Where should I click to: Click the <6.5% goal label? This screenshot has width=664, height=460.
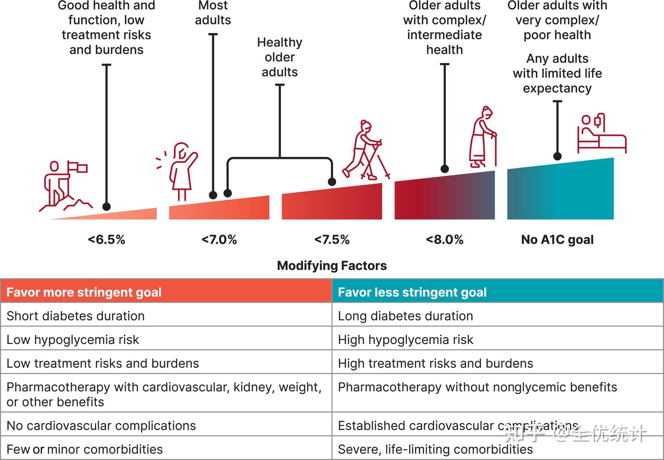coord(107,240)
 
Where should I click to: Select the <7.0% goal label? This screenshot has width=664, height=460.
coord(219,240)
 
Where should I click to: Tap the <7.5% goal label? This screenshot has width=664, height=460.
coord(332,240)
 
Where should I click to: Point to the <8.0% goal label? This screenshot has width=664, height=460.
coord(445,240)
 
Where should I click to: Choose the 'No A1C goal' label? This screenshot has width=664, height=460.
coord(557,240)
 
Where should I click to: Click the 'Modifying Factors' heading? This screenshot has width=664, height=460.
coord(332,266)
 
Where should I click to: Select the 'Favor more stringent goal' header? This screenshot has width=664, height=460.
coord(84,292)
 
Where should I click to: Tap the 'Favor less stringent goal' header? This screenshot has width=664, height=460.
coord(412,292)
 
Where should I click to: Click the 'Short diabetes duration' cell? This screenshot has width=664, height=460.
coord(76,316)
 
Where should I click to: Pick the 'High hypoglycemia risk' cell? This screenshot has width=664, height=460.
coord(405,340)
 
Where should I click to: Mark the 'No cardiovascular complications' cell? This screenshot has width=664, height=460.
coord(101,426)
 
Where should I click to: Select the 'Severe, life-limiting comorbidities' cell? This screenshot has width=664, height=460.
coord(435,449)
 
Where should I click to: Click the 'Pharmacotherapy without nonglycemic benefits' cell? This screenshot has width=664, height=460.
coord(477,387)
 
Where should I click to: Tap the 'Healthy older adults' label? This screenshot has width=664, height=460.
coord(279,57)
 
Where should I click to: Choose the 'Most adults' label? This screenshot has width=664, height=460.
coord(213,13)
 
